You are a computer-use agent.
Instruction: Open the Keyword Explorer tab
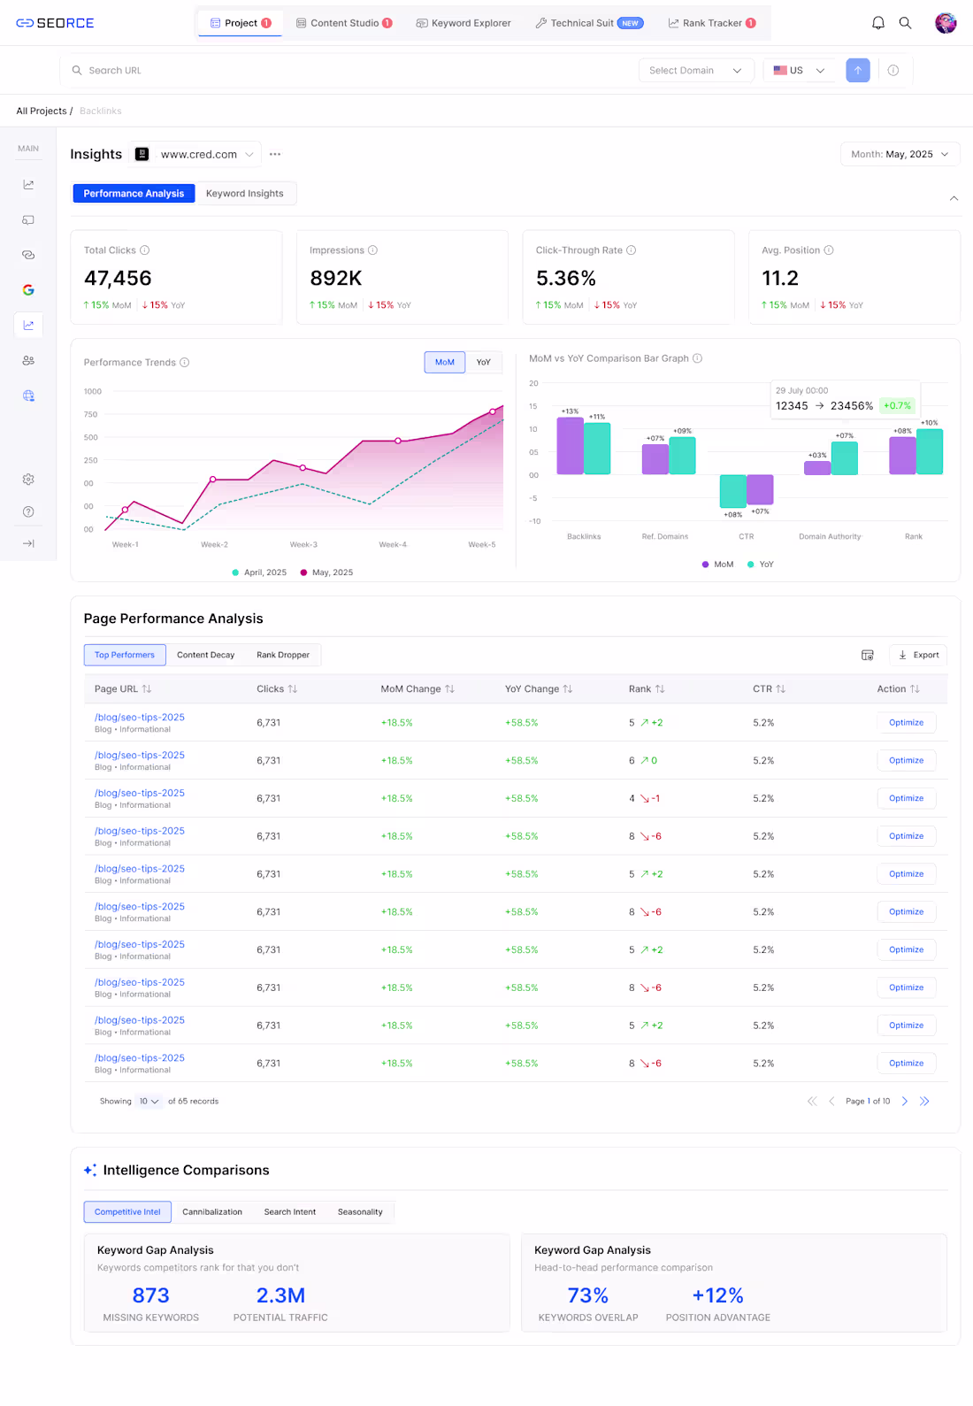[464, 23]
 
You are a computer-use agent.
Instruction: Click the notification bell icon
[877, 23]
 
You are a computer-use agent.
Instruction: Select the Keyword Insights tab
[245, 194]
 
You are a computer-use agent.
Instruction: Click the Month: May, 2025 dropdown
[900, 154]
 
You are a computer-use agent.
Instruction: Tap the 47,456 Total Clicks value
[118, 279]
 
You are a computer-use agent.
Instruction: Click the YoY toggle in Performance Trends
[483, 362]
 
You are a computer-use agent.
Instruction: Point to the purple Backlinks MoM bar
[570, 446]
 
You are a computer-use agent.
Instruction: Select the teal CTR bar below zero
[732, 490]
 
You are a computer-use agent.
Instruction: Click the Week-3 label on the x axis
[303, 545]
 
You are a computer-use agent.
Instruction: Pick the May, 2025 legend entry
[327, 572]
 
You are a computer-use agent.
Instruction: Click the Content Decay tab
[205, 656]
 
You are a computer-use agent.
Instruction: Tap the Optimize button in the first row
[906, 723]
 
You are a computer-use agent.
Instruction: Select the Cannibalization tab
[212, 1212]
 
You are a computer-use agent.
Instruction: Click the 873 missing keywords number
[150, 1295]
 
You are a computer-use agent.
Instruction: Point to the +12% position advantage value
[717, 1295]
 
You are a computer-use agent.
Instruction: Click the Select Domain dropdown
[695, 71]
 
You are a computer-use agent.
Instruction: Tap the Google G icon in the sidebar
[28, 290]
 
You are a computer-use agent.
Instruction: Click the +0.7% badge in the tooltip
[897, 406]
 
